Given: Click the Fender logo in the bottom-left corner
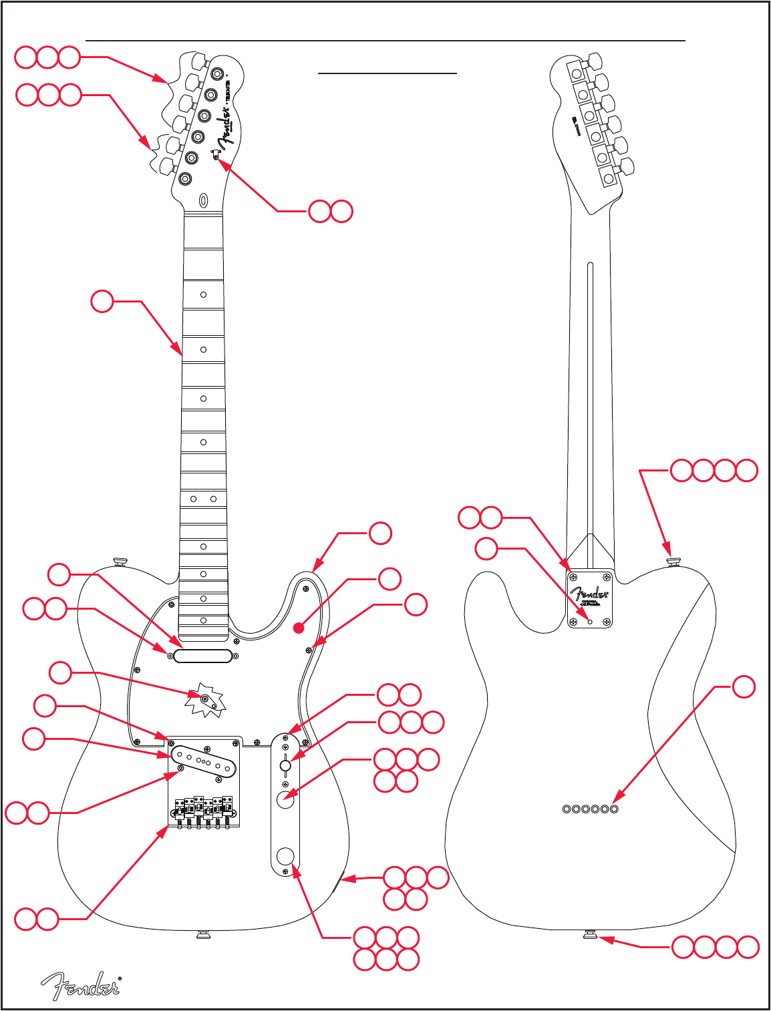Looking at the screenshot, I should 81,986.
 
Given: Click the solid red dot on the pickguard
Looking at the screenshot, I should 299,628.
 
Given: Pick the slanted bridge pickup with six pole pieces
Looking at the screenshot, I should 205,762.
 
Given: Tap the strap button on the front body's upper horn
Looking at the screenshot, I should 120,561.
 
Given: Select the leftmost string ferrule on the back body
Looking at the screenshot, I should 567,809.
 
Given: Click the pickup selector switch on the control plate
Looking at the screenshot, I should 285,765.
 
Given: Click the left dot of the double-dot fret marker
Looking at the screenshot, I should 193,499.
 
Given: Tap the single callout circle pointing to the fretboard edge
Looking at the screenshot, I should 102,301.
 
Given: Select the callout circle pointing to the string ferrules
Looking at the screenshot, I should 744,686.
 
